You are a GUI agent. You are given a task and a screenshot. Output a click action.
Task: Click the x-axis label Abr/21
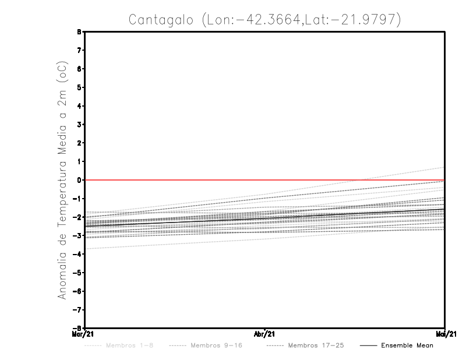pyautogui.click(x=265, y=334)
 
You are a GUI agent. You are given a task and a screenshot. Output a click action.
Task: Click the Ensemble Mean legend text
pyautogui.click(x=407, y=345)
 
